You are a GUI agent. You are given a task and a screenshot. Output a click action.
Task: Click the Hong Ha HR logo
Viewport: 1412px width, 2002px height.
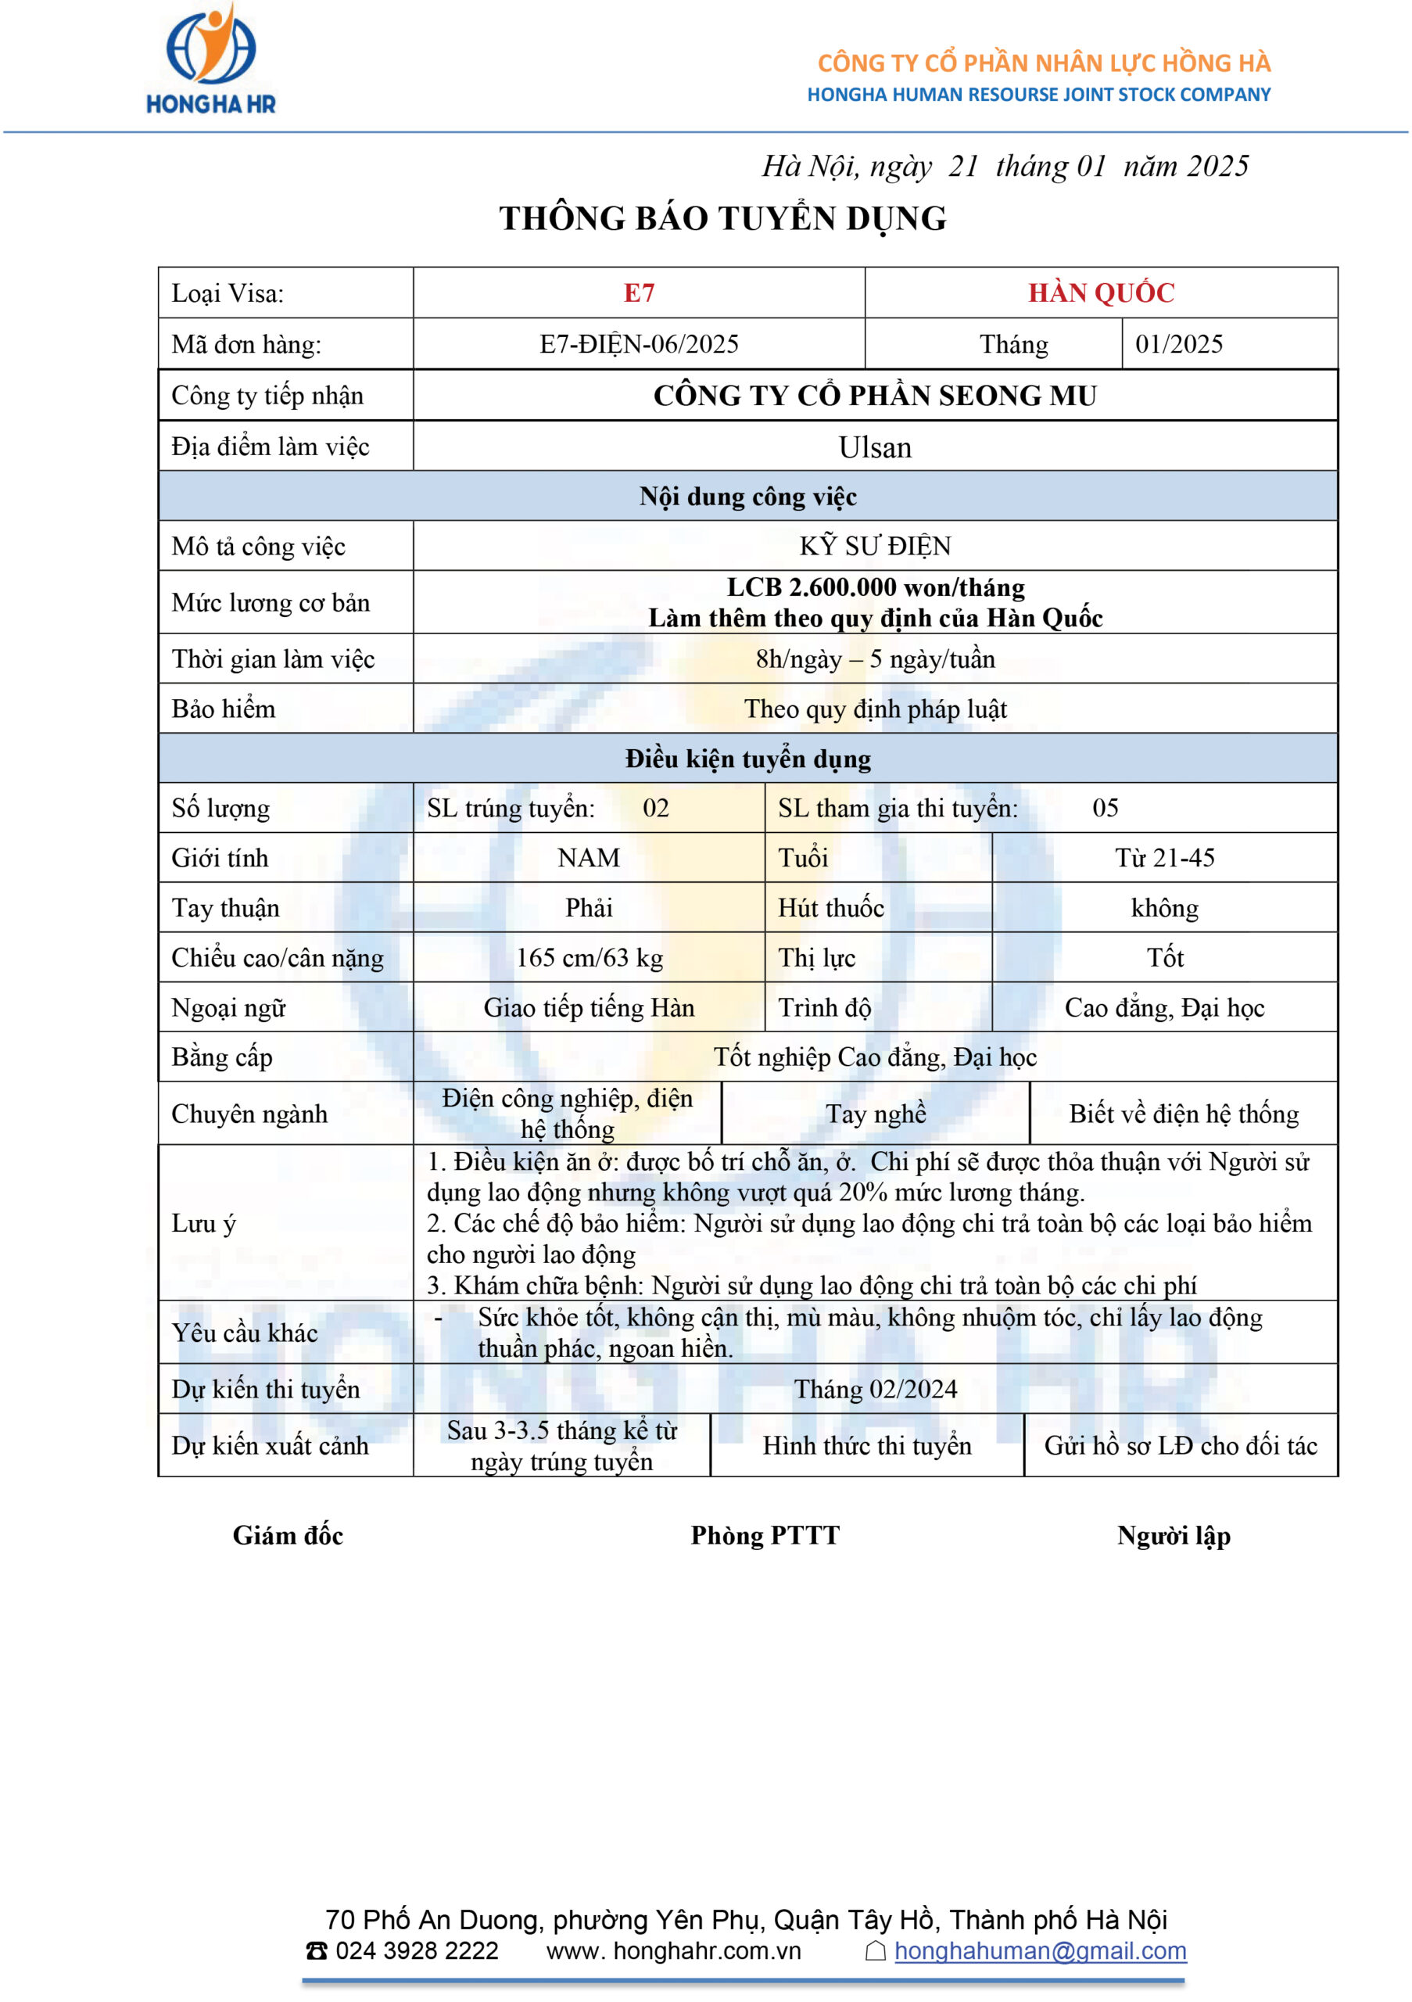(211, 59)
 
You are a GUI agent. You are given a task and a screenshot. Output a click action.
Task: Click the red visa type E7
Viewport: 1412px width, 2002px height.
(639, 293)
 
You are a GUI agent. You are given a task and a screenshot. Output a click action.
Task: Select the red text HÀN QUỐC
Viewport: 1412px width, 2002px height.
(1101, 293)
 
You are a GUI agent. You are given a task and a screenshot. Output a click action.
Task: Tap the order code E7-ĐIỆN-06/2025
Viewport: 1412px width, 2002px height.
(639, 343)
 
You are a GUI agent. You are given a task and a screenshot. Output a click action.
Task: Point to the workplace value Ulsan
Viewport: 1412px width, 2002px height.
(874, 447)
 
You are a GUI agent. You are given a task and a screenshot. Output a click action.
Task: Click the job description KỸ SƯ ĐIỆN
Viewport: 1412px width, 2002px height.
(875, 546)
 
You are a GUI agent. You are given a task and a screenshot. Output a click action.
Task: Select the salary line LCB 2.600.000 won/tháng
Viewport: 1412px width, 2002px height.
(875, 587)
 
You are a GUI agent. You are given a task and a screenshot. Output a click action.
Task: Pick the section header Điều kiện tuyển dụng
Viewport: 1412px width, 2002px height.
(748, 759)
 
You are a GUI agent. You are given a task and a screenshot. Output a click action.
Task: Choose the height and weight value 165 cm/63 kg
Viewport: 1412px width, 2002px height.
(590, 957)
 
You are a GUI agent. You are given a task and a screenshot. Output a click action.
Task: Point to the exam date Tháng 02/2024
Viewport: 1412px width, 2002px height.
(875, 1389)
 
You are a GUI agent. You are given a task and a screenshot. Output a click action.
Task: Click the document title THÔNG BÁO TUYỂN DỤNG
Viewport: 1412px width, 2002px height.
(722, 218)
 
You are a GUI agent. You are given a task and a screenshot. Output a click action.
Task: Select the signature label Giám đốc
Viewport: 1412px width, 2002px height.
(288, 1535)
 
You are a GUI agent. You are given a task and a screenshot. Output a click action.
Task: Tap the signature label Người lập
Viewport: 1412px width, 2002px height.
(1174, 1535)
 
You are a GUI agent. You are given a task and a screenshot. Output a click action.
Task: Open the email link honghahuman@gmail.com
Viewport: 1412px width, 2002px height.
(1040, 1951)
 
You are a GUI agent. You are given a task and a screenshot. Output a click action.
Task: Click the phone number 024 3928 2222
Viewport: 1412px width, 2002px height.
(416, 1951)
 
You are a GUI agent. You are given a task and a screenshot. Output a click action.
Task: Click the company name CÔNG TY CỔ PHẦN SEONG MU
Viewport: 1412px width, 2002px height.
(875, 396)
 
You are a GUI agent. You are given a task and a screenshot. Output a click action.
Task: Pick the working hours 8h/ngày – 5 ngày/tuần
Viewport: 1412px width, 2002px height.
(875, 659)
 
